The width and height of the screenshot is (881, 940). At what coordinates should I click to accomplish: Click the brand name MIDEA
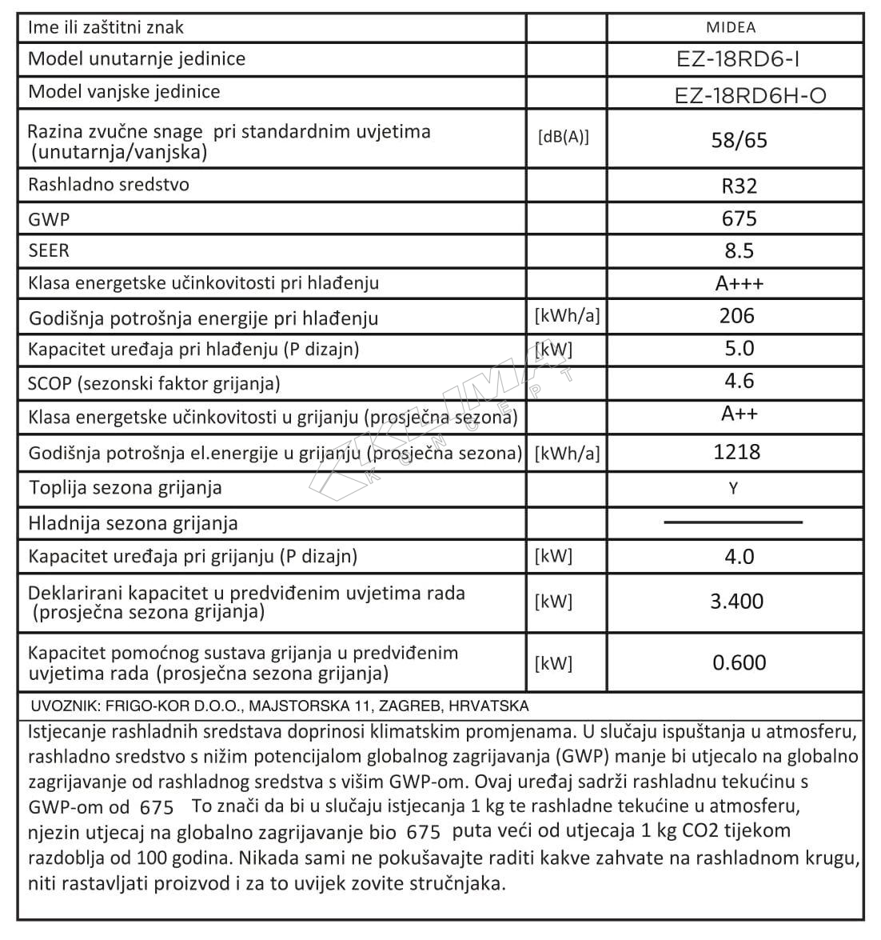pos(731,27)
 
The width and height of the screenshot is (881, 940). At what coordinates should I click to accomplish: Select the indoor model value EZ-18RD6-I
pos(737,59)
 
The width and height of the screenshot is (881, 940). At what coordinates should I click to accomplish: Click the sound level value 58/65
pos(739,141)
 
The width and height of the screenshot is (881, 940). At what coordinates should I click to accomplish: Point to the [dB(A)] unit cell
pos(563,137)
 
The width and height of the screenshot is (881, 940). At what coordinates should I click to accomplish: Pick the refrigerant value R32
pos(739,186)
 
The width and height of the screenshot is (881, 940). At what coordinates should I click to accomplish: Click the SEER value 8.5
pos(739,250)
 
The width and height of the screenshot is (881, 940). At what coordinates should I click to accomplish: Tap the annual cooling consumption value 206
pos(736,316)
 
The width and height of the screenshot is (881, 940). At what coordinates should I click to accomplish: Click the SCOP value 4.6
pos(739,381)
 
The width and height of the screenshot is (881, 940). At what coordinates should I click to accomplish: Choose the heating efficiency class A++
pos(739,413)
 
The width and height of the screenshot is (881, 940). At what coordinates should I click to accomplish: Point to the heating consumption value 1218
pos(736,452)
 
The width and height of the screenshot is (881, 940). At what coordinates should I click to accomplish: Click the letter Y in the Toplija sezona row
pos(733,488)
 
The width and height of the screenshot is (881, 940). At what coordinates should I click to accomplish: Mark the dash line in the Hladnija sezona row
pos(733,522)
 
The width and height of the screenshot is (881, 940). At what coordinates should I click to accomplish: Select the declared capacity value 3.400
pos(736,602)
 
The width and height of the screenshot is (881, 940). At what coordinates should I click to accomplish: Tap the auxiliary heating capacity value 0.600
pos(739,662)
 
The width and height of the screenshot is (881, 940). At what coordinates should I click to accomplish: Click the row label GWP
pos(48,218)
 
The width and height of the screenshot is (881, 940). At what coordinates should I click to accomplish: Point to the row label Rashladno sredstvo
pos(109,185)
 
